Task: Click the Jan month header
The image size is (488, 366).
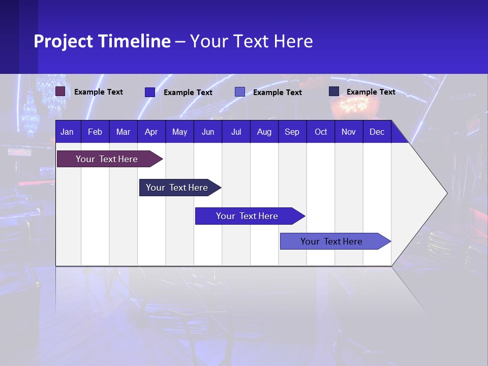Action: pos(67,132)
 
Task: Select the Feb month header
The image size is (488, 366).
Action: pos(95,132)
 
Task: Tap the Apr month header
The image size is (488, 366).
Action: pos(151,132)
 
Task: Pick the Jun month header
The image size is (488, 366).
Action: pos(208,132)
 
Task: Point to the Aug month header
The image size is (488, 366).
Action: pos(264,132)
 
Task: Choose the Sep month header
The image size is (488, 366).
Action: pos(292,132)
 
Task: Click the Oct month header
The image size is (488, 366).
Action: pos(321,132)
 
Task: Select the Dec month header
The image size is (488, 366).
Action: pos(377,132)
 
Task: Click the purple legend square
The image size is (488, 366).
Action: pos(60,91)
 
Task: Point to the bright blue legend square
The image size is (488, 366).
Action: pos(150,92)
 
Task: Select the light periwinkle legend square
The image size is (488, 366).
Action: pos(240,92)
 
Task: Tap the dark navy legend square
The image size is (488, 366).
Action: pos(334,91)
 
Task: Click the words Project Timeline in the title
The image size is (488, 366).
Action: pos(102,41)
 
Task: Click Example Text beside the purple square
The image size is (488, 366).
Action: pos(99,92)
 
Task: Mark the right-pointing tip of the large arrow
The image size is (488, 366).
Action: pos(446,193)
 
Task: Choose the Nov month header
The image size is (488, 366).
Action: pos(348,132)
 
